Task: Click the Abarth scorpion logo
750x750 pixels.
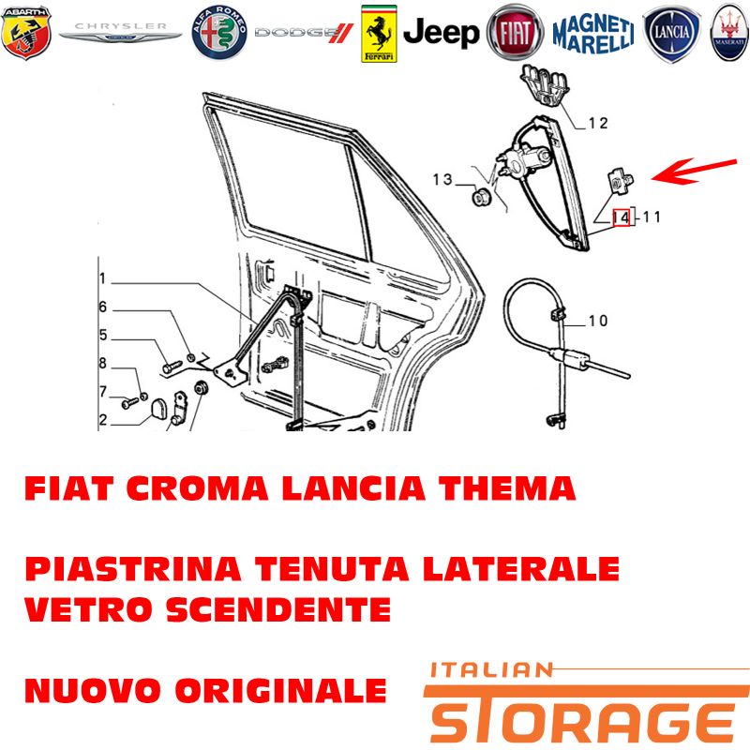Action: coord(26,33)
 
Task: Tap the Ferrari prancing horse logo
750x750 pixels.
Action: coord(379,34)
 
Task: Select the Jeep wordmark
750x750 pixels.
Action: coord(441,33)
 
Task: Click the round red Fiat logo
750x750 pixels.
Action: coord(515,33)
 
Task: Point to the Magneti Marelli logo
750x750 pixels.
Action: coord(593,33)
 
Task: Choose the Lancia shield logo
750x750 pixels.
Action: coord(671,34)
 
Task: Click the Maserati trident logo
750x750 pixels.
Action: coord(729,33)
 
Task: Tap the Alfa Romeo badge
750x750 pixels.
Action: coord(219,33)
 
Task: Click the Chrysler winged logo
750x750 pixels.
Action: coord(121,32)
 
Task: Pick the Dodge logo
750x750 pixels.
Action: coord(304,33)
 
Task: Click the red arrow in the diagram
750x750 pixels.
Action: coord(694,171)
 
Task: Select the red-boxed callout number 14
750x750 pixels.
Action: coord(622,217)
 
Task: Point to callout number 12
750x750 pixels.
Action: coord(598,123)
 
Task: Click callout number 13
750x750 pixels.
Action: coord(442,179)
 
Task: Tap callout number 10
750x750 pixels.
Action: coord(598,320)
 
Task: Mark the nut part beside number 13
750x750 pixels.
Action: coord(481,197)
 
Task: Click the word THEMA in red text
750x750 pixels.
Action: coord(507,488)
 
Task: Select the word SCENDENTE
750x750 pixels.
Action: coord(278,609)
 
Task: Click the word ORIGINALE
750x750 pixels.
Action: coord(280,690)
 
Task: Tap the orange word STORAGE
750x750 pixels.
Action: coord(586,715)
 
